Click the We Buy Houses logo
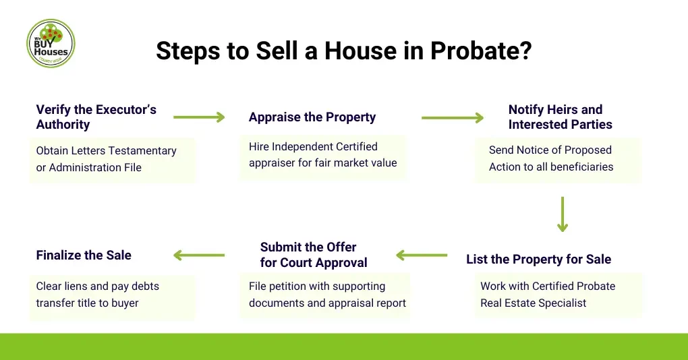pyautogui.click(x=51, y=43)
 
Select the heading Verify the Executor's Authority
pyautogui.click(x=96, y=117)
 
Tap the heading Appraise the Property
pyautogui.click(x=312, y=117)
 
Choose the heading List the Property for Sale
pyautogui.click(x=538, y=260)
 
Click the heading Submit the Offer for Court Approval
pyautogui.click(x=314, y=255)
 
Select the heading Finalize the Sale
pyautogui.click(x=84, y=255)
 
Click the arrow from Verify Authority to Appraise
pyautogui.click(x=199, y=117)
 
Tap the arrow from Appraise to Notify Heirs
pyautogui.click(x=453, y=118)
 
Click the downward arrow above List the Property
pyautogui.click(x=562, y=214)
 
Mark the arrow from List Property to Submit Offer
pyautogui.click(x=422, y=255)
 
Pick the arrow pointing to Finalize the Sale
pyautogui.click(x=199, y=255)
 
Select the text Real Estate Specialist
pyautogui.click(x=533, y=303)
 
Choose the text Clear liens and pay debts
pyautogui.click(x=98, y=286)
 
